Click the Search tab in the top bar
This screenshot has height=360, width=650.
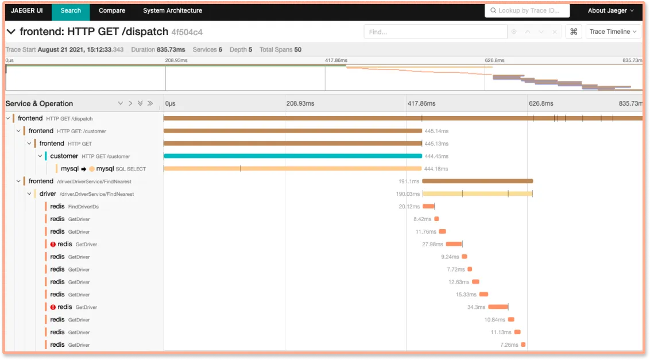click(71, 10)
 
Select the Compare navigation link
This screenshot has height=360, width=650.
click(111, 10)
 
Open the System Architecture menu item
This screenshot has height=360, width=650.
click(172, 10)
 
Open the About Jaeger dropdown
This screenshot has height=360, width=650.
click(610, 10)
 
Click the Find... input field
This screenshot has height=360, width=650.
click(435, 32)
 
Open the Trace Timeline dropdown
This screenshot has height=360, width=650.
click(613, 32)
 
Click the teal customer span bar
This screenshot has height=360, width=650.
click(292, 156)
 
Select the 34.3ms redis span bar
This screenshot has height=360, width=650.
click(498, 307)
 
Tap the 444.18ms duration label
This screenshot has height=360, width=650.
click(436, 169)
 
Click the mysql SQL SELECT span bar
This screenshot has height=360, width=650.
click(292, 169)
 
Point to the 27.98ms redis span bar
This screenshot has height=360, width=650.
click(454, 244)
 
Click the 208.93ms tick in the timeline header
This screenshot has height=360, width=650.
click(300, 104)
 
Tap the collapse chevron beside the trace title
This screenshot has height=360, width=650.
click(11, 32)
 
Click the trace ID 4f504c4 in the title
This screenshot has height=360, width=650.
click(187, 32)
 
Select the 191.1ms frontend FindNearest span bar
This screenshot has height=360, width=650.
click(477, 181)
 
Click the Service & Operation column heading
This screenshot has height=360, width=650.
click(39, 104)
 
